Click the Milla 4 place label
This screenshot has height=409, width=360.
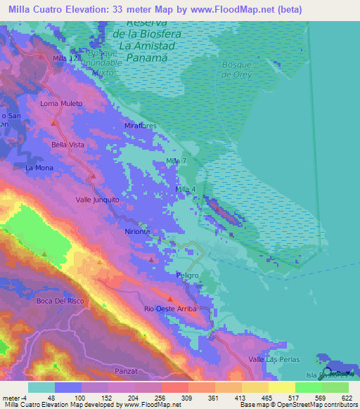coord(185,190)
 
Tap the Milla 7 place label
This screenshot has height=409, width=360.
coord(176,162)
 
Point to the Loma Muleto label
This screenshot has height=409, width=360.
coord(61,103)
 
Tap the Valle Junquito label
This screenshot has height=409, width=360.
coord(98,200)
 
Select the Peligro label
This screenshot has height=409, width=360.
coord(188,275)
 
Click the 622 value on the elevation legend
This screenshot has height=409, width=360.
coord(343,398)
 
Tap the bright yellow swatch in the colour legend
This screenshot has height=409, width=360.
coord(281,387)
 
